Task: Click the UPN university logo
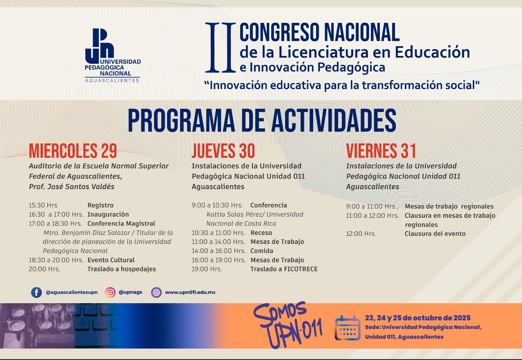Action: pyautogui.click(x=113, y=55)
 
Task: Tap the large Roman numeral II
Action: pyautogui.click(x=221, y=47)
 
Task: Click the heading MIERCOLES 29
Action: pyautogui.click(x=73, y=151)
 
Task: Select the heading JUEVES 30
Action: pyautogui.click(x=223, y=151)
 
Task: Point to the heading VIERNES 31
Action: pyautogui.click(x=381, y=151)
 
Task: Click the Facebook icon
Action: pyautogui.click(x=36, y=293)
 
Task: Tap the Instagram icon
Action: pyautogui.click(x=110, y=293)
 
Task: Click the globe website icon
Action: pyautogui.click(x=156, y=293)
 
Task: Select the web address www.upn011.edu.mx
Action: pyautogui.click(x=190, y=293)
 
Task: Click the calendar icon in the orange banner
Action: pyautogui.click(x=347, y=328)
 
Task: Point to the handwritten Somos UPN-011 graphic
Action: pyautogui.click(x=288, y=325)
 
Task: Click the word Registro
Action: pyautogui.click(x=100, y=205)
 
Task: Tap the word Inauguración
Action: pyautogui.click(x=108, y=214)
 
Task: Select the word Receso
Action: pyautogui.click(x=261, y=233)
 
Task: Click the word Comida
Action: pyautogui.click(x=262, y=251)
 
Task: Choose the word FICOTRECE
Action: pyautogui.click(x=301, y=269)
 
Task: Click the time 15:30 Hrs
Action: pyautogui.click(x=43, y=205)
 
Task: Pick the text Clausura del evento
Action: pyautogui.click(x=435, y=234)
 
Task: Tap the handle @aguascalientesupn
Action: pyautogui.click(x=72, y=293)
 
